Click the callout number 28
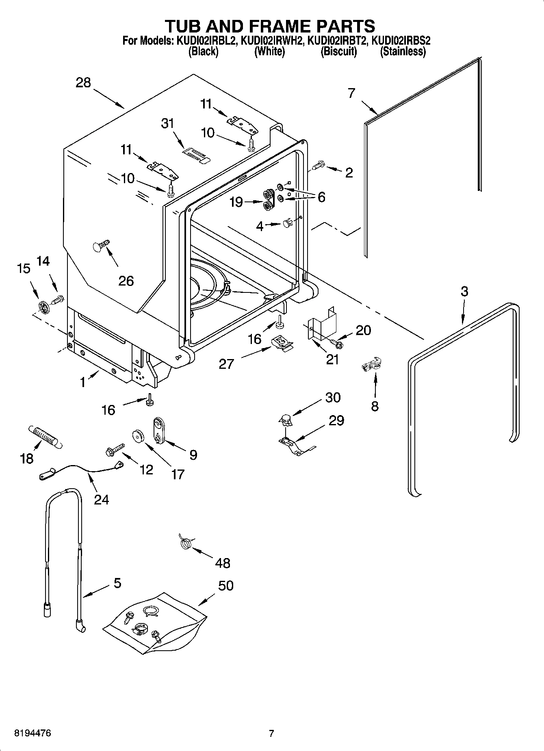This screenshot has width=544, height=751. (83, 83)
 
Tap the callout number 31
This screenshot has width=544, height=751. (167, 123)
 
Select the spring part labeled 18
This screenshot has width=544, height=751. (45, 437)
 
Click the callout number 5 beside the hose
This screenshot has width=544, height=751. (117, 583)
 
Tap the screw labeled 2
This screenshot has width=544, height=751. (318, 165)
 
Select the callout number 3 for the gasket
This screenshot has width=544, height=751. (464, 291)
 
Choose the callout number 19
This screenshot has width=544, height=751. (236, 202)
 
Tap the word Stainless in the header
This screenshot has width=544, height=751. (403, 52)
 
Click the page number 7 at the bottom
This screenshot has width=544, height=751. (271, 733)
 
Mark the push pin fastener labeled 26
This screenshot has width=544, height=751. (100, 246)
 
